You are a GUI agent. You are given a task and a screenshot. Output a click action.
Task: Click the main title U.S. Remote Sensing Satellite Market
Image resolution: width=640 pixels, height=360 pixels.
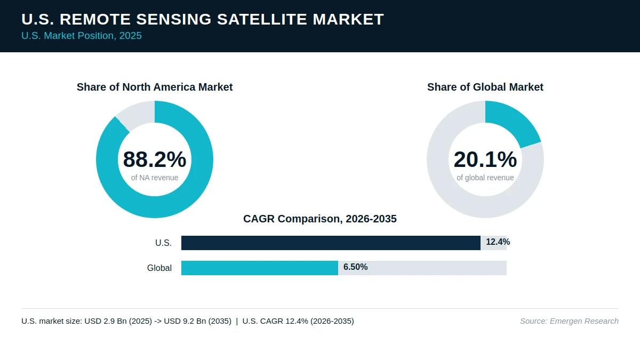point(203,19)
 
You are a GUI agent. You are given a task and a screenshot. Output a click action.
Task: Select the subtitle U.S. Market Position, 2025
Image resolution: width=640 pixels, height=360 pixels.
point(82,36)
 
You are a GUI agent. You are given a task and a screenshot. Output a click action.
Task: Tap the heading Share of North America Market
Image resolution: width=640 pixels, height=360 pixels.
point(155,87)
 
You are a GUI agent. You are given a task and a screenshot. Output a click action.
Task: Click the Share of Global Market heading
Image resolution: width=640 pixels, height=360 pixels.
point(485,87)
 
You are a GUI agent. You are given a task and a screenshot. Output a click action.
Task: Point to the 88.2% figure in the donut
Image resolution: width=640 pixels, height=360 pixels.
point(155,159)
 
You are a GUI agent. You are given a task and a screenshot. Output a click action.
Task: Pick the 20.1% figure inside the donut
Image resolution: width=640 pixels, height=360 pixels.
point(485,159)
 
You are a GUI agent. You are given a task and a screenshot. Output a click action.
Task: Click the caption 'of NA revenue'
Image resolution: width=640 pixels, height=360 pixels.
point(155,178)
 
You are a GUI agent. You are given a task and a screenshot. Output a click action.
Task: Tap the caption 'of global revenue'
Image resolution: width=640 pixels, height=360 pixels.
point(485,178)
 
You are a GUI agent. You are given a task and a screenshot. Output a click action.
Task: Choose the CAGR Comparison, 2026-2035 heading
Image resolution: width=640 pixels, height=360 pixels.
point(320,219)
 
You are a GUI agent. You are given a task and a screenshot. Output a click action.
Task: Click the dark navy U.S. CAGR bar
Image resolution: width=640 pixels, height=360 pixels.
point(331,243)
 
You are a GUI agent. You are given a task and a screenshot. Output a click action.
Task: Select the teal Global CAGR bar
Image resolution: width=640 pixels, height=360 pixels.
point(260,268)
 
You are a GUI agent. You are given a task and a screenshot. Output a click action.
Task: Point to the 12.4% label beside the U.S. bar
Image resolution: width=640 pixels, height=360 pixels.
point(498,242)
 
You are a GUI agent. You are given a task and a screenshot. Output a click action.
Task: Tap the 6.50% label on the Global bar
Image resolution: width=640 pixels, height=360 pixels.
point(355,267)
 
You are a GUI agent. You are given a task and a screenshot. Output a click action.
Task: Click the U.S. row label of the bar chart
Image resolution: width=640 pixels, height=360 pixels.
point(163,243)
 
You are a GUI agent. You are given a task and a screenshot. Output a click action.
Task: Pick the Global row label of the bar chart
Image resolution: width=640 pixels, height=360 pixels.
point(159,268)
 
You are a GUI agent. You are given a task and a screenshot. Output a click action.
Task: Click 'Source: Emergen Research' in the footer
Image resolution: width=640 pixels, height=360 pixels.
point(569,321)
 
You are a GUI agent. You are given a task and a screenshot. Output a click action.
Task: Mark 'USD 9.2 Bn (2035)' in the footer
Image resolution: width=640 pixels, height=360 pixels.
point(197,321)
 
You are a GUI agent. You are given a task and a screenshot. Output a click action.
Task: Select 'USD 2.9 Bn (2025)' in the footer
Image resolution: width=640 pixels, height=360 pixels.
point(118,321)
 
